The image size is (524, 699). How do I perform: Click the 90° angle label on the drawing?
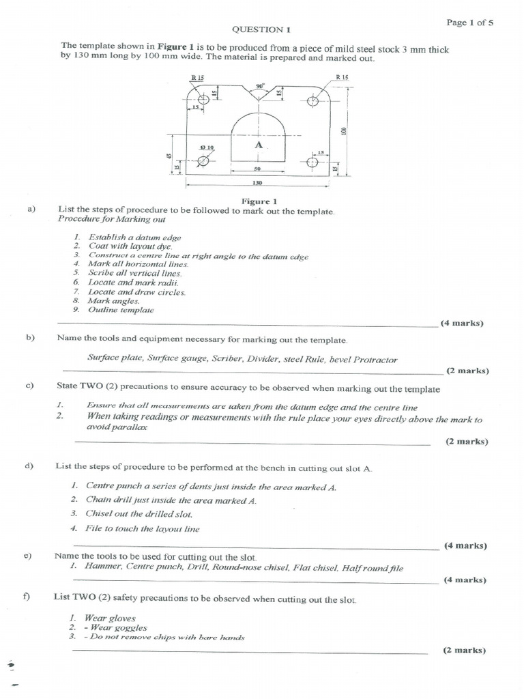[x=259, y=87]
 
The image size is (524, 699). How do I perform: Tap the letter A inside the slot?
[x=258, y=145]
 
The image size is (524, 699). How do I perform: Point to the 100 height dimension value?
[x=345, y=130]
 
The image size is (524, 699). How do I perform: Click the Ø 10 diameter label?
[x=206, y=147]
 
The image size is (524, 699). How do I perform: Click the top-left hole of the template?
[x=203, y=102]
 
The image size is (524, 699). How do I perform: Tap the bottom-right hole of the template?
[x=312, y=162]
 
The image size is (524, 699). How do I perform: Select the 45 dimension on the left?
[x=169, y=156]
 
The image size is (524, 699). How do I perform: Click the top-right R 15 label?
[x=342, y=78]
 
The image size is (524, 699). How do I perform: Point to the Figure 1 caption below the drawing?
[x=259, y=201]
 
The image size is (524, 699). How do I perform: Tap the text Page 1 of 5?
[x=470, y=22]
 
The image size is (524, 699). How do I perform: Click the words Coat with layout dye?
[x=130, y=246]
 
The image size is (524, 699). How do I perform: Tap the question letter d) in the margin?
[x=29, y=466]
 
